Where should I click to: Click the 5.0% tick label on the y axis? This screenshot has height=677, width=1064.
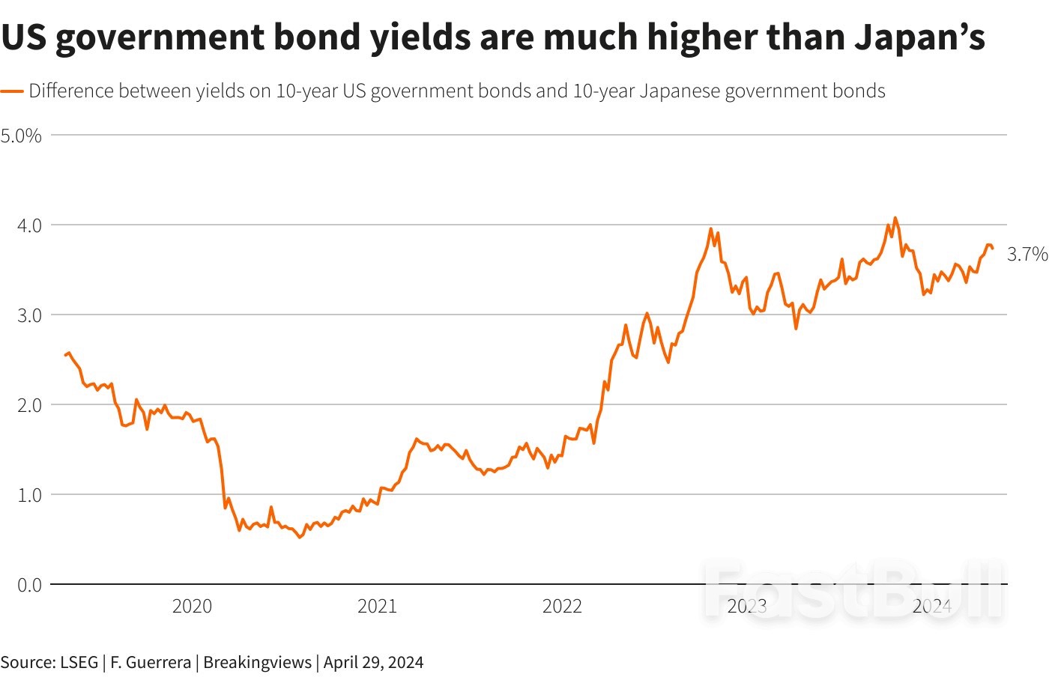click(21, 136)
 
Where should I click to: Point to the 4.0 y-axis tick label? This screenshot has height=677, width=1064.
click(29, 225)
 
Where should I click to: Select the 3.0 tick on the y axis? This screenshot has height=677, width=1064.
click(29, 315)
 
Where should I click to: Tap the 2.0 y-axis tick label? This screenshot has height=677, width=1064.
click(29, 404)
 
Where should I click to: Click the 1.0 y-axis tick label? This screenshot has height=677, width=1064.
click(29, 494)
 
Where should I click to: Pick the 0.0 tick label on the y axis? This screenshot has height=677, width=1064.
click(29, 584)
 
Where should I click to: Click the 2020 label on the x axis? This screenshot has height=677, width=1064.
click(192, 606)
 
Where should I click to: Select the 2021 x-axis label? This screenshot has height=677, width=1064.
click(377, 606)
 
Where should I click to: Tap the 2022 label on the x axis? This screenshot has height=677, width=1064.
click(562, 606)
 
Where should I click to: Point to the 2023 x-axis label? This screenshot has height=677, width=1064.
click(747, 606)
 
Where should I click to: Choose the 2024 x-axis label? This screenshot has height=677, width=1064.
click(932, 606)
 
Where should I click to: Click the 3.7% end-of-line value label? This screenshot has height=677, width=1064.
click(1027, 255)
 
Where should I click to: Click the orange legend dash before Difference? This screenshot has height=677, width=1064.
click(12, 91)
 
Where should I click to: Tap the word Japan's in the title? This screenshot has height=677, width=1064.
click(919, 37)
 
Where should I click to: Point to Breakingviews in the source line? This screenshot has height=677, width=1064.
click(257, 662)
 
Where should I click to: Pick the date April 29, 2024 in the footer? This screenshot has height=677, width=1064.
click(373, 662)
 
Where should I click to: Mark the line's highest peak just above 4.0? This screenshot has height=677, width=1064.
click(895, 218)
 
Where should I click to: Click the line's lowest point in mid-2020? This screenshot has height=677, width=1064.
click(300, 537)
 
